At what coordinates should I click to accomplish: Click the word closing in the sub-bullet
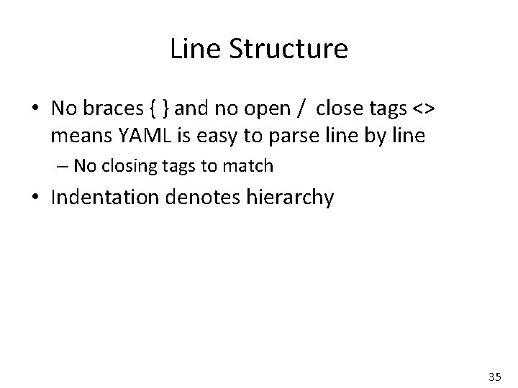(124, 166)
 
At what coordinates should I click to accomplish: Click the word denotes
(201, 197)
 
